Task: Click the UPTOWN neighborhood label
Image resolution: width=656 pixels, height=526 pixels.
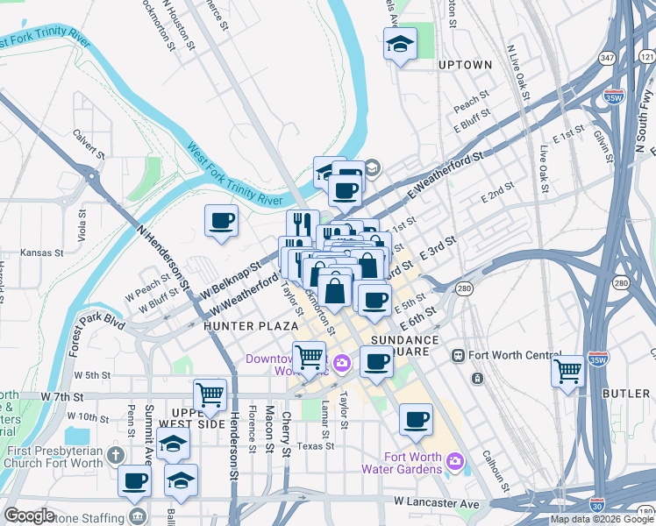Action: click(x=465, y=65)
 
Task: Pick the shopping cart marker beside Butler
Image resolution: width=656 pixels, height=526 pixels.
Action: click(x=567, y=370)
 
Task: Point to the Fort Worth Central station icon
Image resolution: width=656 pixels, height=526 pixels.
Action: click(x=457, y=355)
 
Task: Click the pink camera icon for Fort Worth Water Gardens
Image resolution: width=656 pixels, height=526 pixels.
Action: click(x=454, y=460)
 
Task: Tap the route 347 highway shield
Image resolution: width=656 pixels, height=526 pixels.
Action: click(x=606, y=57)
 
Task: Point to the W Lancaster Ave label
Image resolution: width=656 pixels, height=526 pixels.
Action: click(x=437, y=502)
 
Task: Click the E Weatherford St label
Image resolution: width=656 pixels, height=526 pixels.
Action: click(x=446, y=174)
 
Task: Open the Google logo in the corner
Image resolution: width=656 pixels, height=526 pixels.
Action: click(x=29, y=515)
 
